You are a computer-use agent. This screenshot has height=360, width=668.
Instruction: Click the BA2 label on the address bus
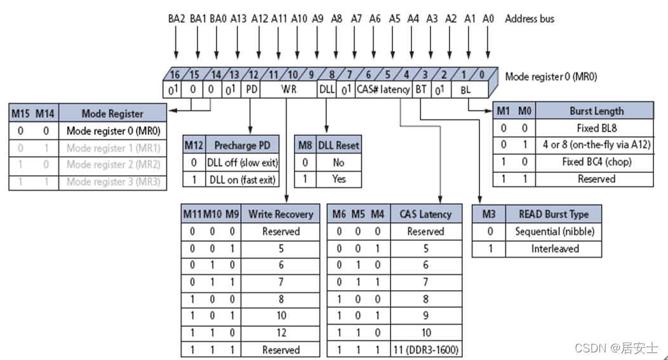click(x=176, y=19)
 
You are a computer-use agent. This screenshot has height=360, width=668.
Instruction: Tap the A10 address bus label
click(x=299, y=19)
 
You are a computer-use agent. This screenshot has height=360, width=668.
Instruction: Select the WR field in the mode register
click(x=288, y=90)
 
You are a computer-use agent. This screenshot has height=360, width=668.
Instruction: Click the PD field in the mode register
click(x=251, y=90)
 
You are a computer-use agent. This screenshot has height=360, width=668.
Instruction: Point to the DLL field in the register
click(x=326, y=90)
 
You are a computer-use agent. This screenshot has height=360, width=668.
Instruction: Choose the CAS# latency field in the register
click(x=384, y=90)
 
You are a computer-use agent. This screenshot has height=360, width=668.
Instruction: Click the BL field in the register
click(x=465, y=90)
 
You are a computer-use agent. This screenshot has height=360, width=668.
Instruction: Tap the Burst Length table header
click(x=596, y=111)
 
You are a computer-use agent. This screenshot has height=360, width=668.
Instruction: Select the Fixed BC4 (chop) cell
click(x=596, y=162)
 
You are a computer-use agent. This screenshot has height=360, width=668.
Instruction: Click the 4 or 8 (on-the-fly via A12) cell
click(x=596, y=145)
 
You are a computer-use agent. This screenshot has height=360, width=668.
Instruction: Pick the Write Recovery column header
click(x=281, y=214)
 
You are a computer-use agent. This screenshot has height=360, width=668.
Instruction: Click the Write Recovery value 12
click(x=281, y=333)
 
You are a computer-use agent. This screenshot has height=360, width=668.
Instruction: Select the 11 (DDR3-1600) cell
click(x=425, y=350)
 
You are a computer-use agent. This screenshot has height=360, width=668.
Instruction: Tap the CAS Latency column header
click(x=425, y=214)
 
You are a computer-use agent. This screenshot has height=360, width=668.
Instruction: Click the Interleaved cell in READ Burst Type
click(x=554, y=249)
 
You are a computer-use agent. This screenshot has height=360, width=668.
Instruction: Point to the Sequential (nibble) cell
click(x=554, y=232)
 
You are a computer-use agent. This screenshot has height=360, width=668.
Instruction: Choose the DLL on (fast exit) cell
click(x=242, y=180)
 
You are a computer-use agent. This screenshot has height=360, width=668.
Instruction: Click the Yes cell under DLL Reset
click(x=338, y=180)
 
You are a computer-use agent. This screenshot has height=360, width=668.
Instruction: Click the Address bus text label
click(x=530, y=19)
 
